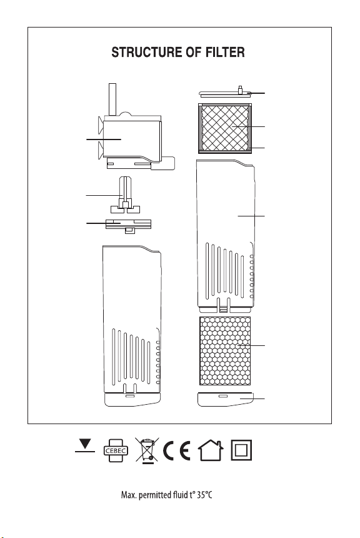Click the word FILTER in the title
(225, 52)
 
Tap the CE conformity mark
(177, 450)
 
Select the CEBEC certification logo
(116, 450)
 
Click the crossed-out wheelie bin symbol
(147, 450)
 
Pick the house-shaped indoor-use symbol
(211, 450)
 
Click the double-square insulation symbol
(241, 450)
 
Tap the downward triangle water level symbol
(84, 445)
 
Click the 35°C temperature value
(204, 495)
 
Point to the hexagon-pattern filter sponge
(225, 351)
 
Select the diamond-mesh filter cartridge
(225, 128)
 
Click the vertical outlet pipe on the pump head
(112, 99)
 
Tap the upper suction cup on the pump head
(101, 125)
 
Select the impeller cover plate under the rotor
(128, 226)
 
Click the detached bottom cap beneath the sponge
(226, 399)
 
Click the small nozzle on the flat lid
(241, 90)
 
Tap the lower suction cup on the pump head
(101, 150)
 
